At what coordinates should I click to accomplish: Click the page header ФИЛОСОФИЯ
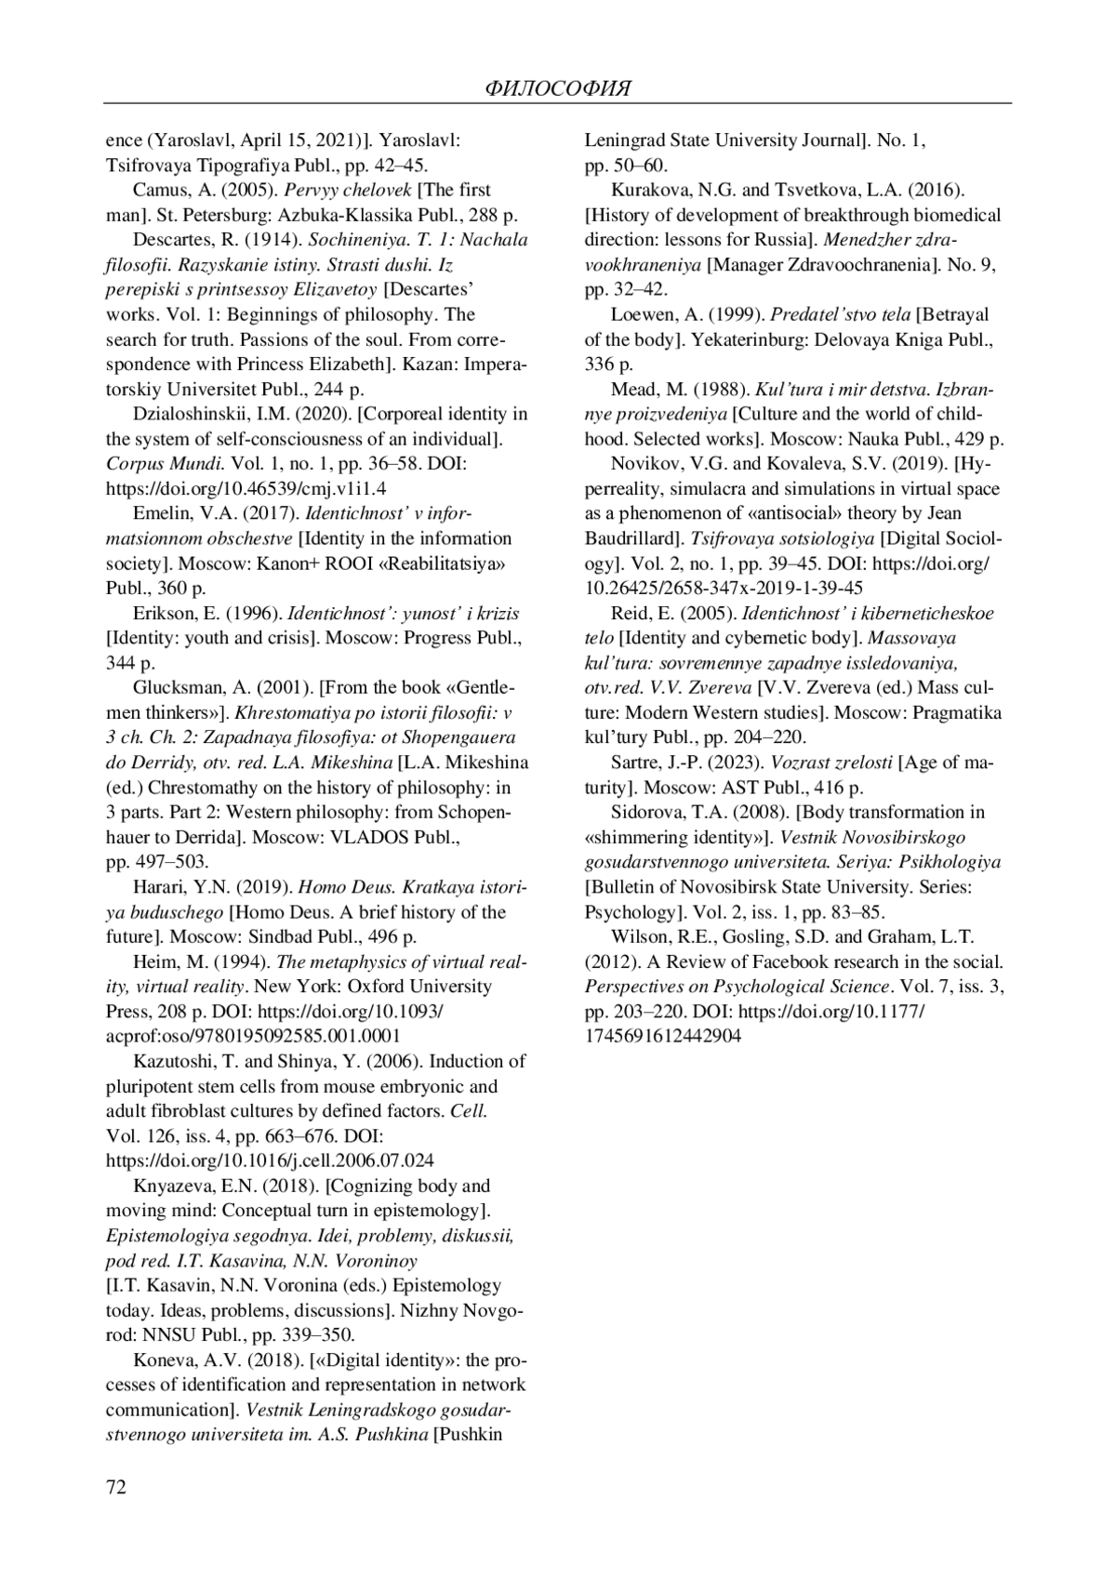(x=558, y=89)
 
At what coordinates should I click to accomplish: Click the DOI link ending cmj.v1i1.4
(x=246, y=488)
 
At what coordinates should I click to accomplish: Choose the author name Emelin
(x=163, y=513)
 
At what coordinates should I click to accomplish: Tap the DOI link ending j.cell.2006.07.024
(x=270, y=1160)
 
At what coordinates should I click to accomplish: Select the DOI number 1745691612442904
(x=662, y=1036)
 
